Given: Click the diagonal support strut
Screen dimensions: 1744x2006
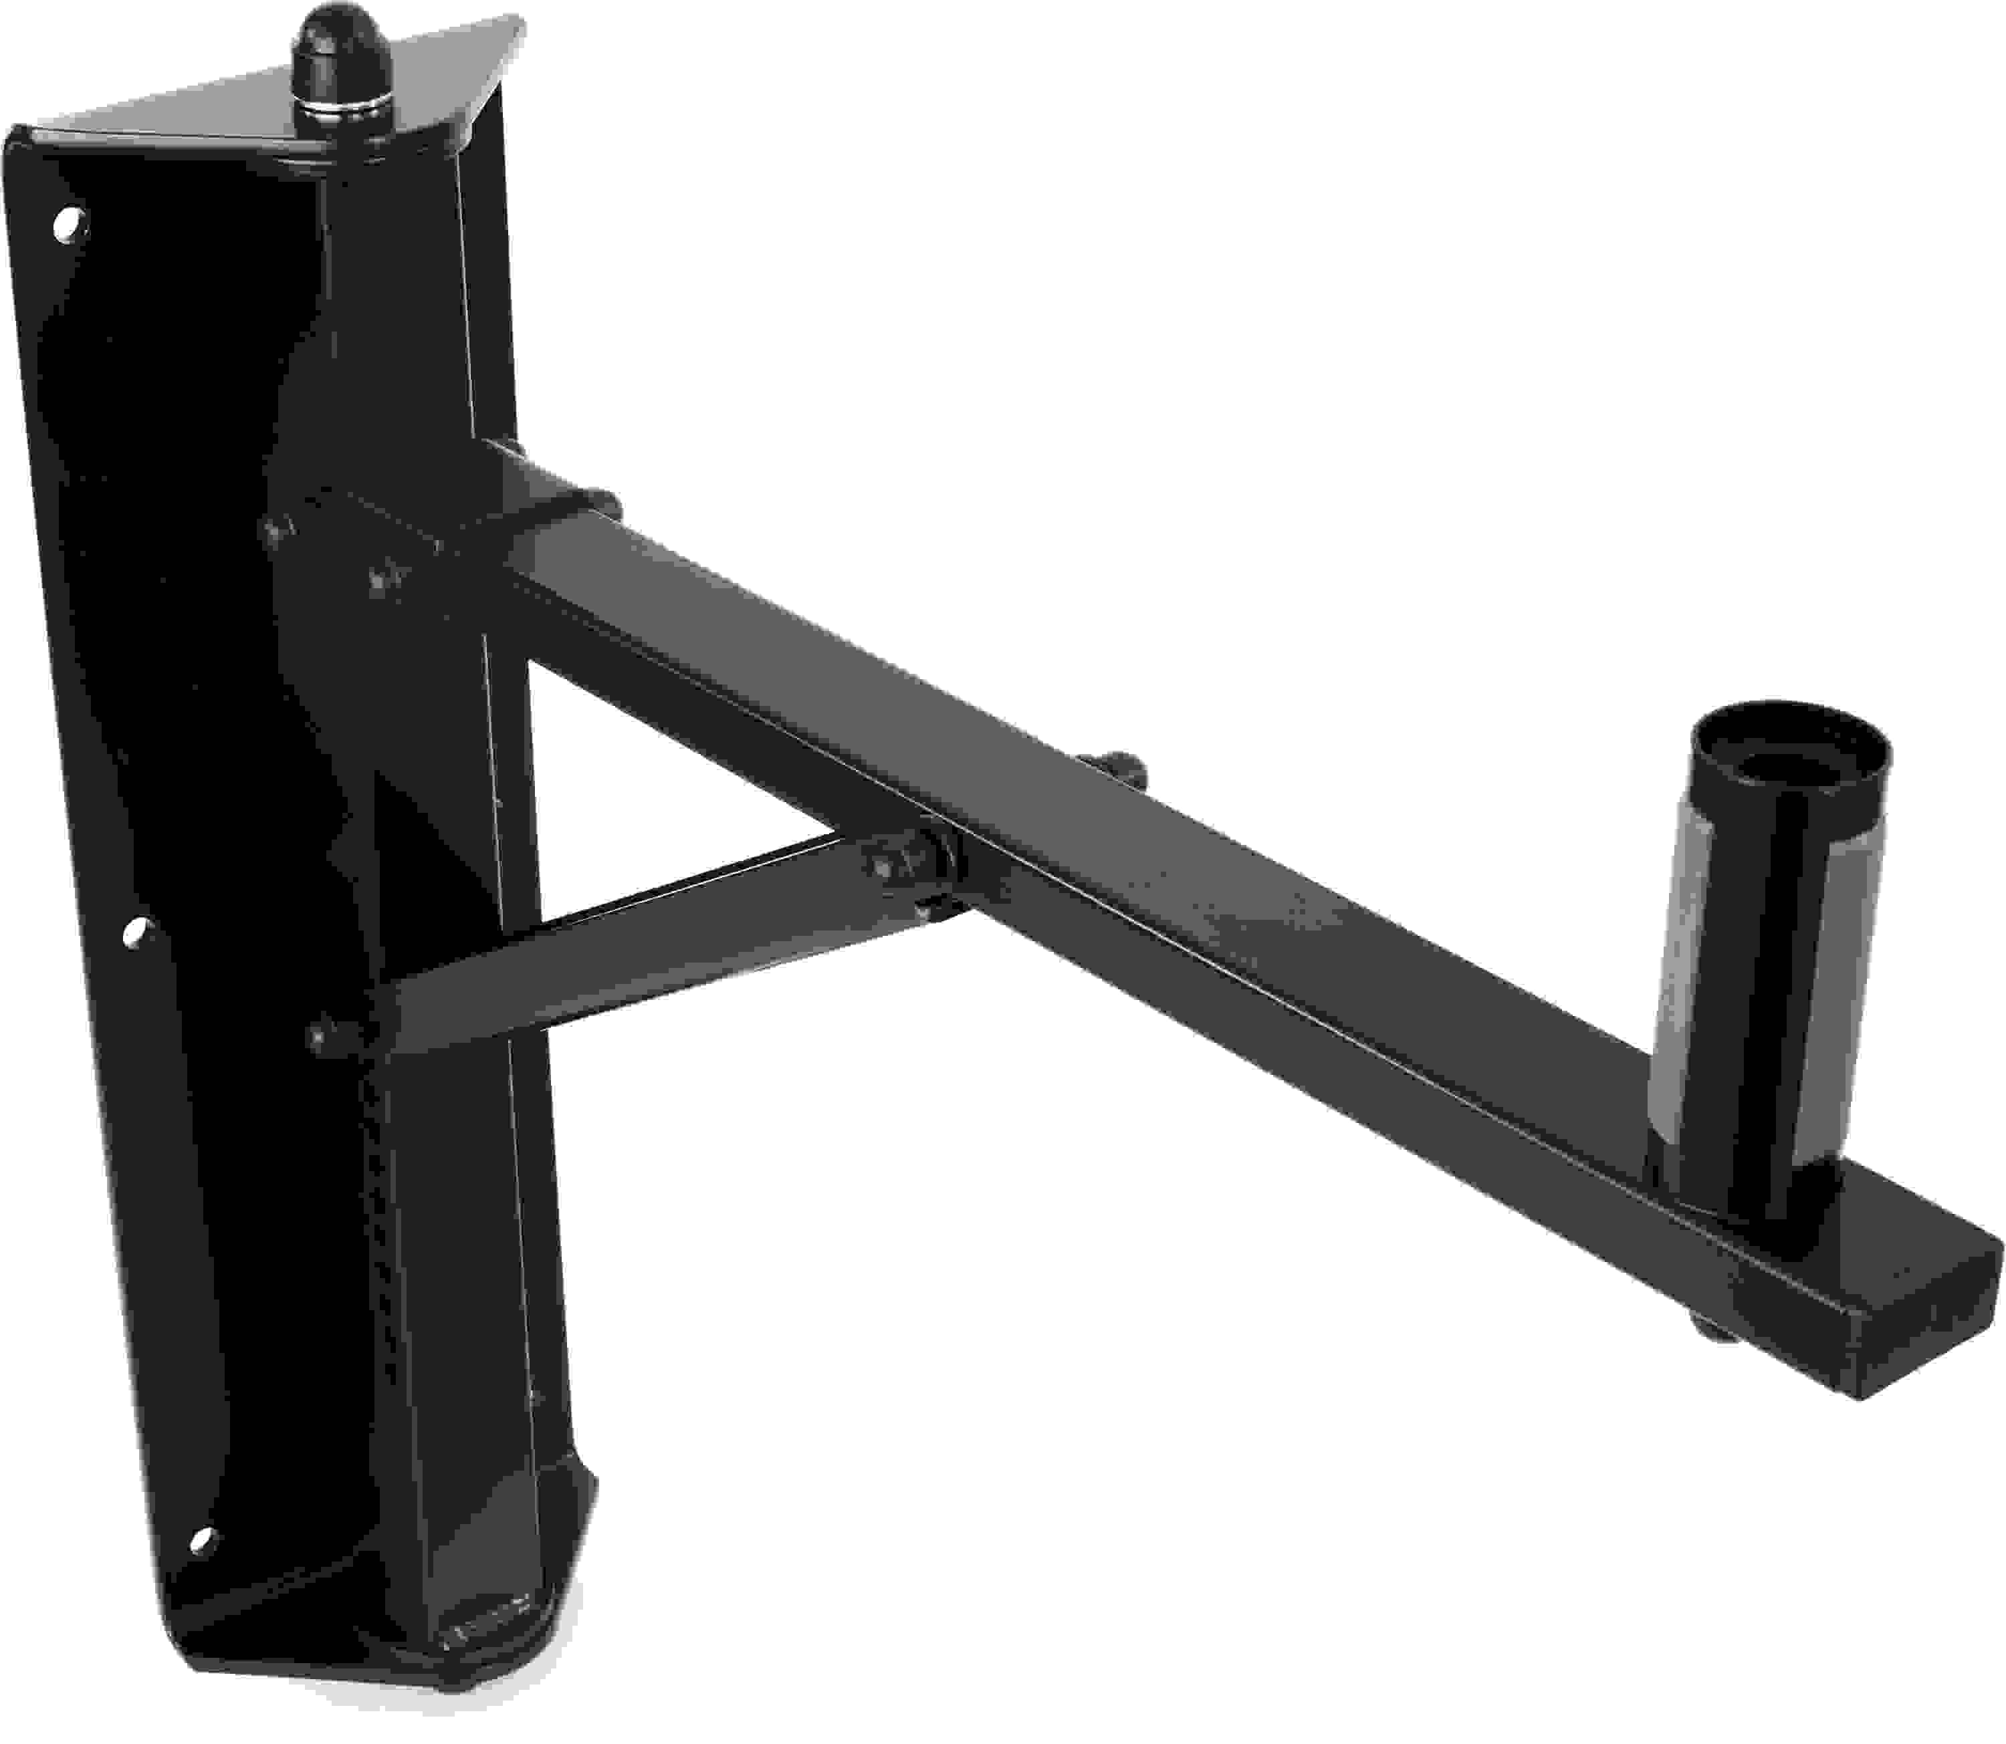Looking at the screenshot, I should [x=633, y=949].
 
